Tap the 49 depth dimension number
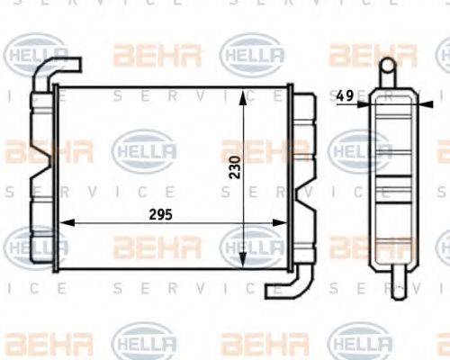pyautogui.click(x=343, y=94)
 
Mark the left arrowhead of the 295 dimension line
pyautogui.click(x=61, y=224)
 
